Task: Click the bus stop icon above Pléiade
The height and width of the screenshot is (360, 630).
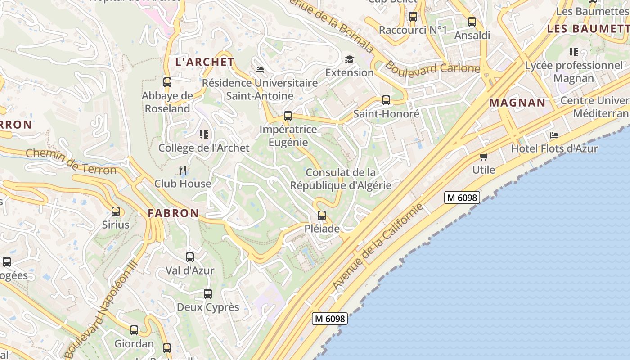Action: click(321, 216)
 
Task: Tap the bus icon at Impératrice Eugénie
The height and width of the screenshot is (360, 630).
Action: click(288, 116)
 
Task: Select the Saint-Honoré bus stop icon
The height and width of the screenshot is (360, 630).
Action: click(386, 100)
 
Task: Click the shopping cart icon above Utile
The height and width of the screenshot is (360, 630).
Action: click(484, 157)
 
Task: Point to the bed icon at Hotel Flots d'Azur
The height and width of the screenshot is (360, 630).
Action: click(554, 135)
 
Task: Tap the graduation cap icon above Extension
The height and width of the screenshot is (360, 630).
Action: click(349, 59)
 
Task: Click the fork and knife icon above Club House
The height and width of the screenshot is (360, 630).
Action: click(183, 170)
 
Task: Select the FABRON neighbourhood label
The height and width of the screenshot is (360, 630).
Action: click(173, 213)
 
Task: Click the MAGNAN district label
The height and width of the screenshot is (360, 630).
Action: click(517, 103)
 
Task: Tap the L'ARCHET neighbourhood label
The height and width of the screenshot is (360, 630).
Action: click(205, 62)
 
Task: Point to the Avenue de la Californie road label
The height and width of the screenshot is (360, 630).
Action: click(378, 246)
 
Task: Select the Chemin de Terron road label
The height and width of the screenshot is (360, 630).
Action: click(71, 162)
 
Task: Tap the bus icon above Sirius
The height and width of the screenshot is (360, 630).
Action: click(116, 211)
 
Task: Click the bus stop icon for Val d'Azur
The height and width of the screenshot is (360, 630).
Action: click(190, 257)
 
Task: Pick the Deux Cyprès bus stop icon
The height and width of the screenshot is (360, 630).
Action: click(207, 294)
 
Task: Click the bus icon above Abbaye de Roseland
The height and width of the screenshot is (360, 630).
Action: click(167, 82)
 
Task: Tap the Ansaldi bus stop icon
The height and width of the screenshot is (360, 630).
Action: click(472, 22)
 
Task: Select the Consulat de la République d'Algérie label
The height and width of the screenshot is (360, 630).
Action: click(341, 179)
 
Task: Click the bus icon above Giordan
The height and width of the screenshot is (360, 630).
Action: click(134, 330)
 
